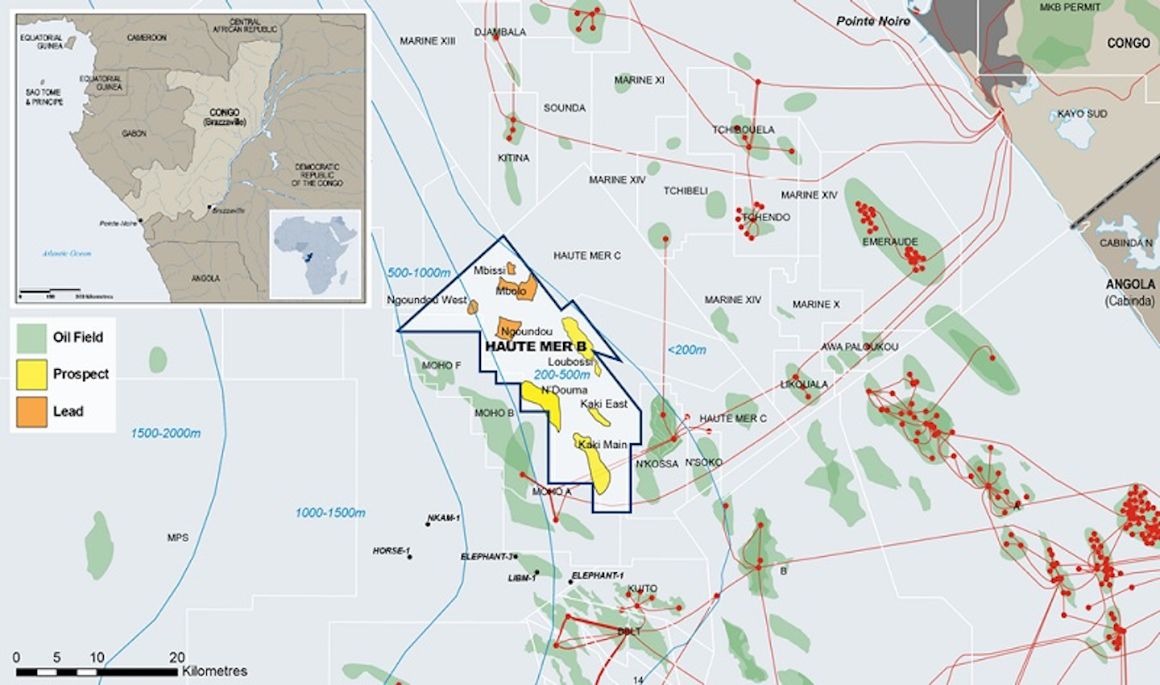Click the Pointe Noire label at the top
pyautogui.click(x=872, y=21)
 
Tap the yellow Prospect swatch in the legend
pyautogui.click(x=31, y=374)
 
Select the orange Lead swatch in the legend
pyautogui.click(x=31, y=411)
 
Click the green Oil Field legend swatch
pyautogui.click(x=31, y=338)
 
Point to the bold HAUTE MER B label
pyautogui.click(x=535, y=347)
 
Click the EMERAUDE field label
pyautogui.click(x=889, y=241)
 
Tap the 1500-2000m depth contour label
pyautogui.click(x=166, y=434)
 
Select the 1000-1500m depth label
pyautogui.click(x=329, y=513)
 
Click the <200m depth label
pyautogui.click(x=686, y=350)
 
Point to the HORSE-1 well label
pyautogui.click(x=391, y=551)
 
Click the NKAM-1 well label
pyautogui.click(x=444, y=518)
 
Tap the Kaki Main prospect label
pyautogui.click(x=603, y=445)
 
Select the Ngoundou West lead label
pyautogui.click(x=426, y=300)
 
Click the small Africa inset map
pyautogui.click(x=315, y=255)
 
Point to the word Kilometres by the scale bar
pyautogui.click(x=214, y=671)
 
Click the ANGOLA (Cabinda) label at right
pyautogui.click(x=1129, y=292)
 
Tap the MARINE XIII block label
pyautogui.click(x=427, y=41)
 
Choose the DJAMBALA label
pyautogui.click(x=499, y=32)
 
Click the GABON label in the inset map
pyautogui.click(x=135, y=133)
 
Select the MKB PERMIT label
pyautogui.click(x=1069, y=7)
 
